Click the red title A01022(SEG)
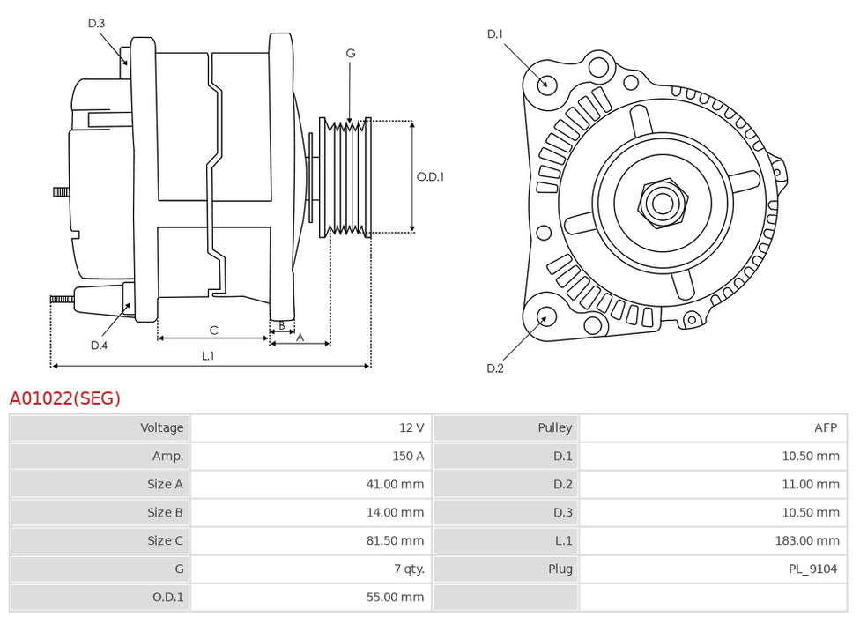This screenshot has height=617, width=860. click(64, 398)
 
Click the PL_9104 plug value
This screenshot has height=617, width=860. click(812, 569)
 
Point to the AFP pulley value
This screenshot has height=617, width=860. click(825, 427)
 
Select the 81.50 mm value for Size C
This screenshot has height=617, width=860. click(395, 540)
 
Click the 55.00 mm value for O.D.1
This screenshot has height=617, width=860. click(395, 597)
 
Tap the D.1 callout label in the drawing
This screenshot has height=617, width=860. click(495, 34)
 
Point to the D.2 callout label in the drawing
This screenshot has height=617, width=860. click(495, 368)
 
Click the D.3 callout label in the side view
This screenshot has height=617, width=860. click(96, 24)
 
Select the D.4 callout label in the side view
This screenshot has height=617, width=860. click(99, 345)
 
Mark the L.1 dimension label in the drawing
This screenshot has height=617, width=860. click(208, 356)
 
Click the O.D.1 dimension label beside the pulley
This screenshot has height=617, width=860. click(430, 176)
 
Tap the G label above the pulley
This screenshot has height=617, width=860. click(351, 54)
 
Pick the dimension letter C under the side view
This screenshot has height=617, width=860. click(213, 331)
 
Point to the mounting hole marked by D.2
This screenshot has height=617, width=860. click(546, 317)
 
